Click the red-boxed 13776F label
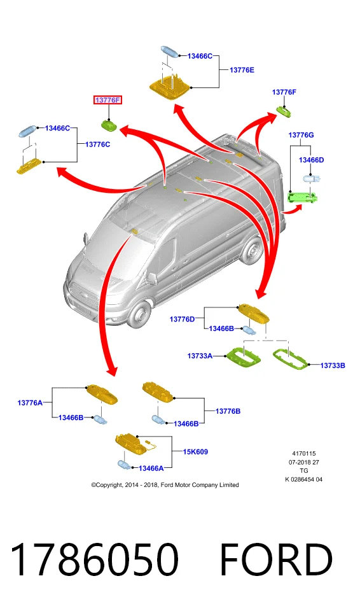coord(107,100)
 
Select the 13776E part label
coord(242,70)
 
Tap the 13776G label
coord(301,135)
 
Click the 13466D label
coord(311,160)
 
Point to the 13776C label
coord(97,144)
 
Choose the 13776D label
coord(182,320)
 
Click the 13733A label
coord(200,356)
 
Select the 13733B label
coord(333,365)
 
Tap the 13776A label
coord(30,403)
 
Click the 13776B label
coord(228,412)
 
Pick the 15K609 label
coord(196,452)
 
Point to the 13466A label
coord(151,468)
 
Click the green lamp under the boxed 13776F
coord(109,125)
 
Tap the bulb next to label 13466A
coord(124,465)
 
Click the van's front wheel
coord(140,314)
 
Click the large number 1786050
coord(94,559)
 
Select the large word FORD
coord(276,559)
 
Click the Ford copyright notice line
coord(165,485)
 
